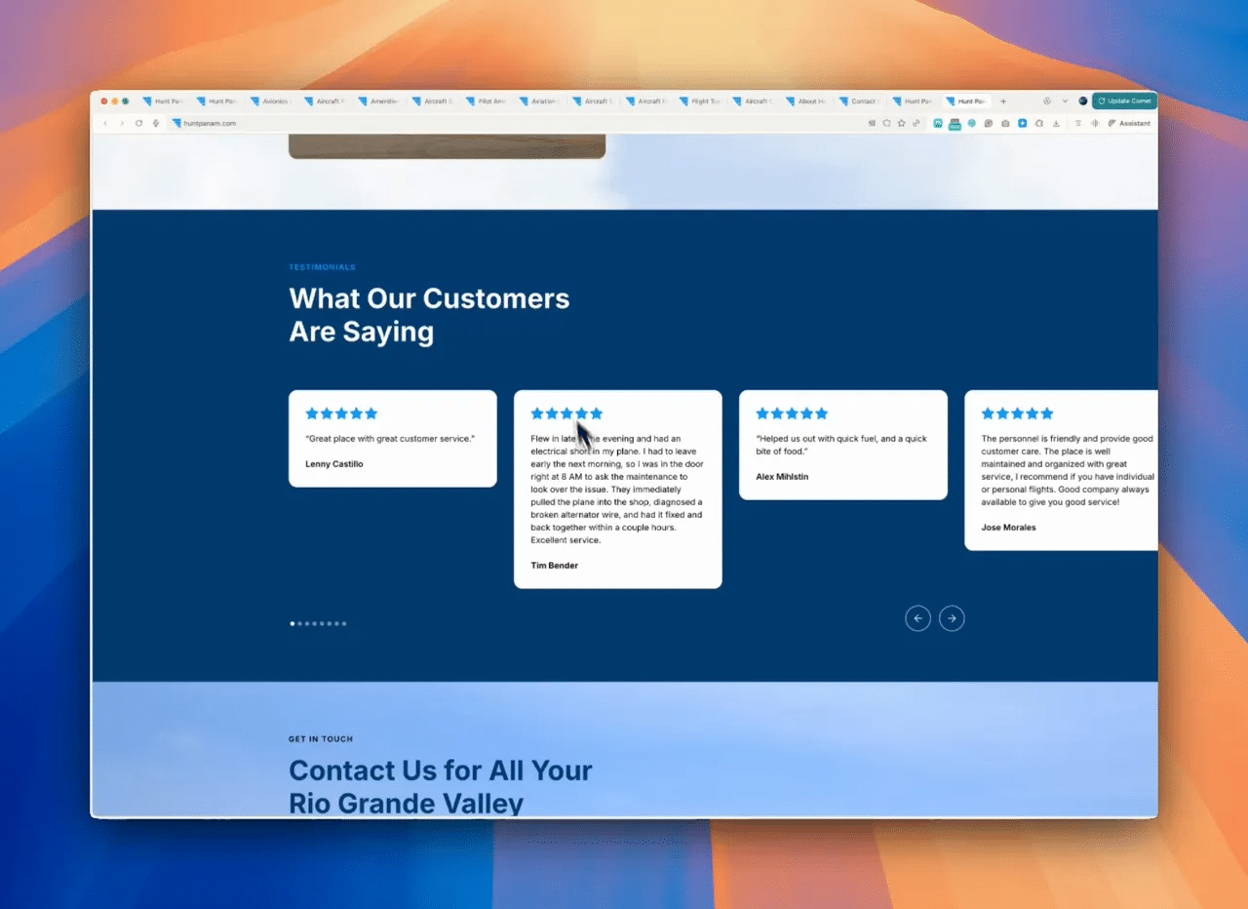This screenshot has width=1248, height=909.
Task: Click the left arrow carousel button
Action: pyautogui.click(x=917, y=618)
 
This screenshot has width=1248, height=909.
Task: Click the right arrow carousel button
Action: pyautogui.click(x=952, y=618)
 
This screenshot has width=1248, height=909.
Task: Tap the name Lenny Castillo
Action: pyautogui.click(x=333, y=464)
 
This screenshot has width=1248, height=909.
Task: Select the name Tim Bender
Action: pyautogui.click(x=554, y=566)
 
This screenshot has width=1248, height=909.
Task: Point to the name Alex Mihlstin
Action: pyautogui.click(x=782, y=477)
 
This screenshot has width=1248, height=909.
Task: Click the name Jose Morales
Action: pyautogui.click(x=1008, y=528)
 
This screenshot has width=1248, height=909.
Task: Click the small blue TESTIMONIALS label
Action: pyautogui.click(x=322, y=267)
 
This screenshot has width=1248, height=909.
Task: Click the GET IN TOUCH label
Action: pyautogui.click(x=321, y=739)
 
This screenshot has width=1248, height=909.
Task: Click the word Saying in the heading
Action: pyautogui.click(x=388, y=332)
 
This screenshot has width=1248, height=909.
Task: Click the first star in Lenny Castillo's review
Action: pyautogui.click(x=312, y=414)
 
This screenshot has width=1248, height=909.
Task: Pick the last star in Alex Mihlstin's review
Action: pyautogui.click(x=821, y=414)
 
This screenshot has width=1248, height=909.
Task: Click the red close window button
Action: pyautogui.click(x=104, y=101)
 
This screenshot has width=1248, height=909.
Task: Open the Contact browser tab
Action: pyautogui.click(x=863, y=101)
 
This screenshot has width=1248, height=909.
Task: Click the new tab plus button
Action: pyautogui.click(x=1003, y=101)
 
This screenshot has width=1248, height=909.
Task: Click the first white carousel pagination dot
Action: pyautogui.click(x=292, y=623)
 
